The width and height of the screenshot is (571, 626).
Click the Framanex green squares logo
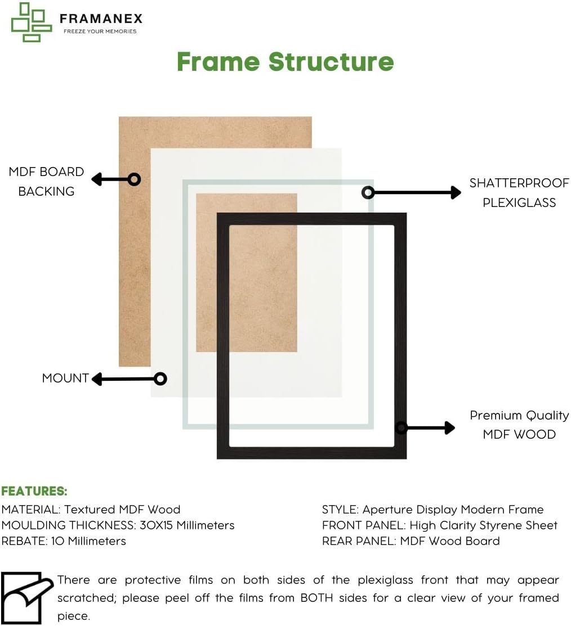[x=32, y=22]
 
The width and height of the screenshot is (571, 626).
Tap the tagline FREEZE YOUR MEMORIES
[x=100, y=31]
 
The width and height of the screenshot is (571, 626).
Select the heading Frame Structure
[x=285, y=61]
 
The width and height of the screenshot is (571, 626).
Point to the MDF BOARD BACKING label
[x=46, y=181]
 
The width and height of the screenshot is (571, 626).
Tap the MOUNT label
[x=65, y=378]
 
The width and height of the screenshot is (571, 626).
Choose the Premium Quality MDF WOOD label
[x=519, y=425]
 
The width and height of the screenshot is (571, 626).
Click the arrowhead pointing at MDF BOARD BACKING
[x=96, y=179]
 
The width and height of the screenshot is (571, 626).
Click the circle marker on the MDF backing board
[x=134, y=179]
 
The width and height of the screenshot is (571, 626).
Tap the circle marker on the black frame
[x=401, y=428]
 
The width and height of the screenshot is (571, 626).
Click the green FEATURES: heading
[x=34, y=491]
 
